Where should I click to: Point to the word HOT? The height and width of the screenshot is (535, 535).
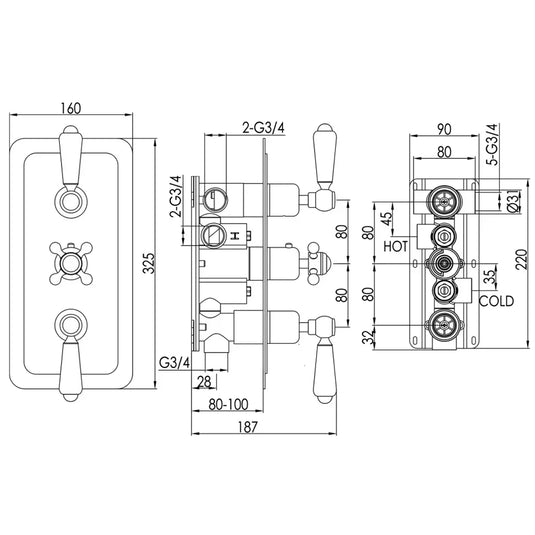coord(393,243)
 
